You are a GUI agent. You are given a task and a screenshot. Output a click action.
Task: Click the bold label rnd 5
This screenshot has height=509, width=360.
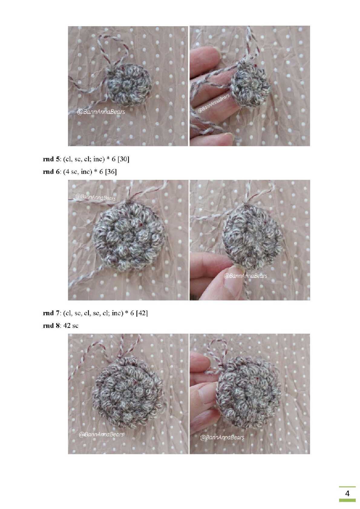(x=51, y=159)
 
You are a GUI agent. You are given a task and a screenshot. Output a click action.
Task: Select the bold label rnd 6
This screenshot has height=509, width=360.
(x=51, y=172)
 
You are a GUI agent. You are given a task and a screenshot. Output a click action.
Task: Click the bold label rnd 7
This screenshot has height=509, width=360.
(x=51, y=313)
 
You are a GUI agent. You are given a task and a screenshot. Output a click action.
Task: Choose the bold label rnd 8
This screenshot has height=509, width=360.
(x=51, y=326)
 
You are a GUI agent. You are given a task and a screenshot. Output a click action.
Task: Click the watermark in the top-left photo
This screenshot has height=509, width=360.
(x=101, y=112)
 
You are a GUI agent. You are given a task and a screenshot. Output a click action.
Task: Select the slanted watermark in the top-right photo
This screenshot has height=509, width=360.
(x=214, y=103)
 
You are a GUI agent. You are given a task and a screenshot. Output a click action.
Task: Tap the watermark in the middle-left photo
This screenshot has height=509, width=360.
(x=95, y=197)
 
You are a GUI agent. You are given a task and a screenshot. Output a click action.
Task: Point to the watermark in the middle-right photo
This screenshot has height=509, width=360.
(x=245, y=276)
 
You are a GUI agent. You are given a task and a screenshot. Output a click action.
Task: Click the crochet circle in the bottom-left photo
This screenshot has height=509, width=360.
(x=128, y=393)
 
